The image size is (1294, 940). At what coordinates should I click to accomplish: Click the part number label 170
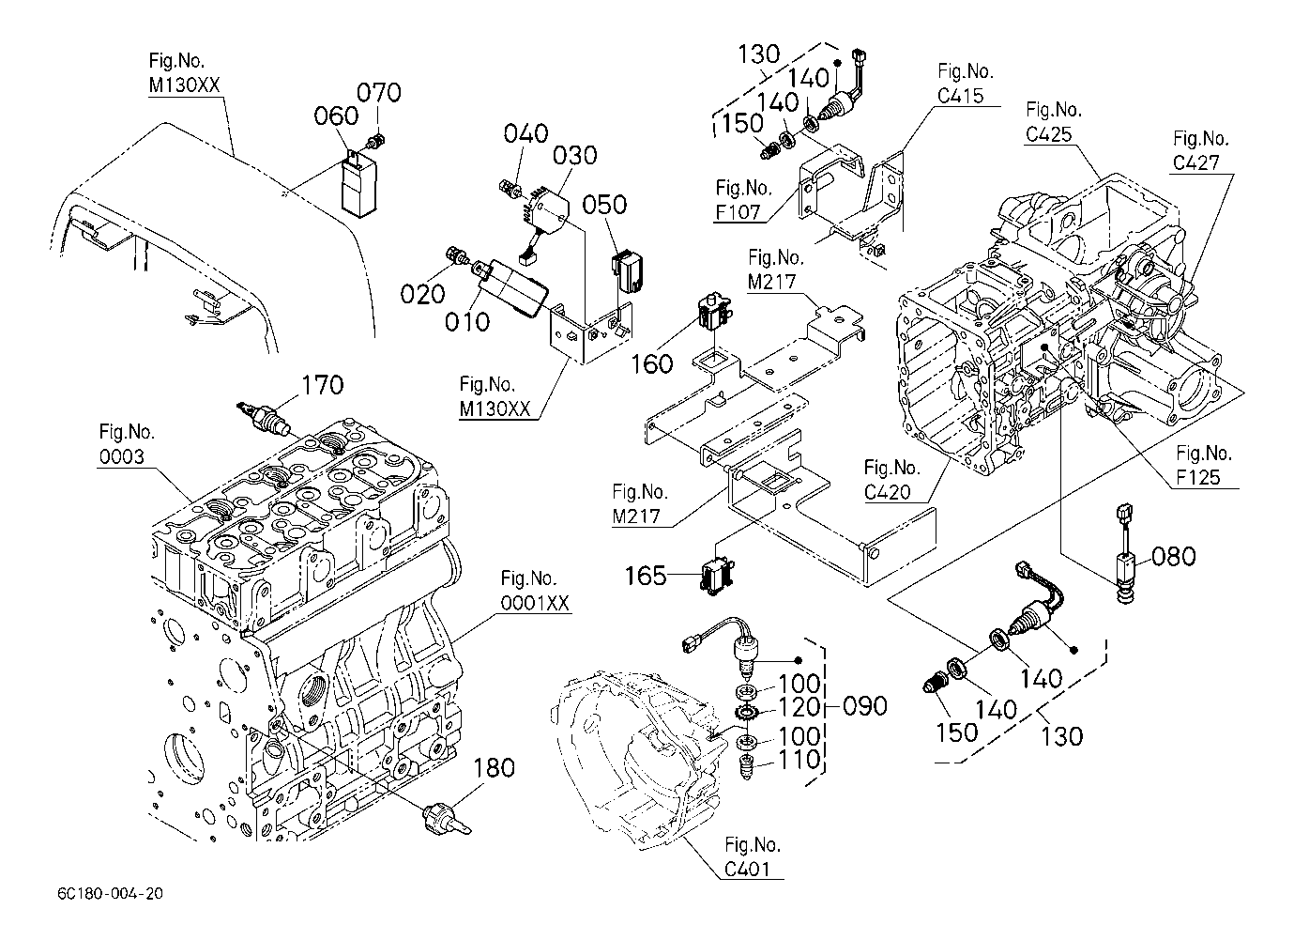pyautogui.click(x=322, y=385)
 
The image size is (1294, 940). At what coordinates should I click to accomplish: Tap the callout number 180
pyautogui.click(x=495, y=768)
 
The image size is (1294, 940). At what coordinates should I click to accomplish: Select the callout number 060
pyautogui.click(x=337, y=116)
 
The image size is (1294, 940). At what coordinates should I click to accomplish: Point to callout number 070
pyautogui.click(x=378, y=93)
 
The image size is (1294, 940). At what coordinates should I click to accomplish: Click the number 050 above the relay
pyautogui.click(x=607, y=206)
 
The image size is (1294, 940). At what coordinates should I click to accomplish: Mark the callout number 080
pyautogui.click(x=1174, y=557)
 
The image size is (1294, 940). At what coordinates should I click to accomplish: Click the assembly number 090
pyautogui.click(x=863, y=706)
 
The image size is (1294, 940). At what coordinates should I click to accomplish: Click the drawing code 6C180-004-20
pyautogui.click(x=109, y=893)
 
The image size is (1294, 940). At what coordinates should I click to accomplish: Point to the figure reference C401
pyautogui.click(x=753, y=870)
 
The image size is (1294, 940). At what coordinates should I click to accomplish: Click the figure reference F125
pyautogui.click(x=1199, y=477)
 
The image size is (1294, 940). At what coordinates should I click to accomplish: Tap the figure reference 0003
pyautogui.click(x=123, y=457)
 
